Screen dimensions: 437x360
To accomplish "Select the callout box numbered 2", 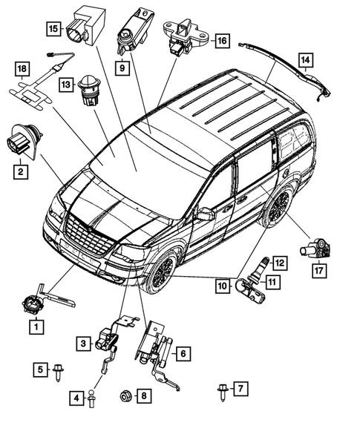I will pyautogui.click(x=23, y=172).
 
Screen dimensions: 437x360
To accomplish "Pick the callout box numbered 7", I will pyautogui.click(x=239, y=388).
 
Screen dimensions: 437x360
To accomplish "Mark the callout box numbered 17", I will pyautogui.click(x=319, y=272).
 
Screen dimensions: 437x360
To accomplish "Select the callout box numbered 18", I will pyautogui.click(x=22, y=71).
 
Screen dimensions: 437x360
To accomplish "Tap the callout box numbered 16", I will pyautogui.click(x=220, y=42).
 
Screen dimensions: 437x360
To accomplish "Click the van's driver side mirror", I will pyautogui.click(x=205, y=214).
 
